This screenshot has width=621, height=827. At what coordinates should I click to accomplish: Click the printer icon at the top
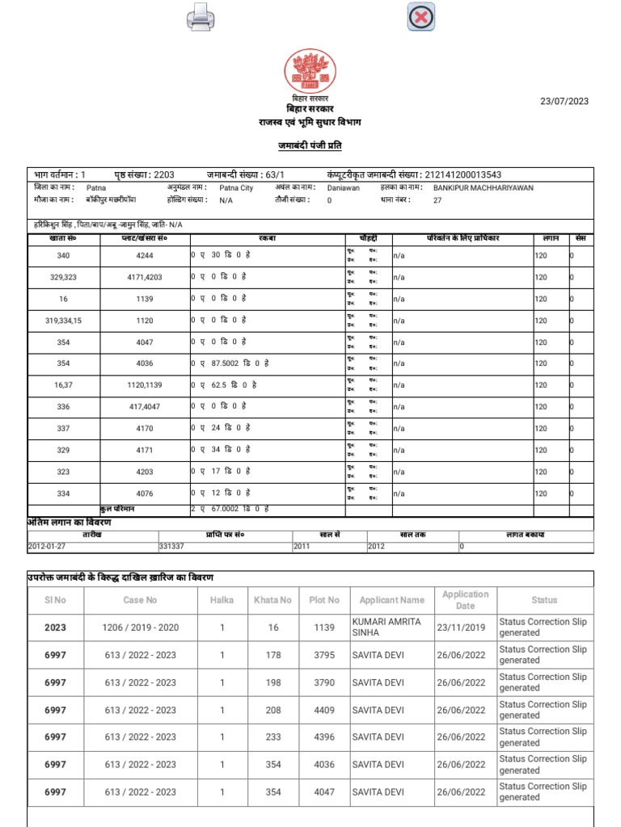click(200, 16)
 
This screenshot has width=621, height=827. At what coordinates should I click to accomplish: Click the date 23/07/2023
click(564, 101)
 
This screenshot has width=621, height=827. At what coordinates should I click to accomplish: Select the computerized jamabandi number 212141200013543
click(462, 174)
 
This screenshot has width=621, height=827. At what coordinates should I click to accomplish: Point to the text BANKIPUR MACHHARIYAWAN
click(484, 187)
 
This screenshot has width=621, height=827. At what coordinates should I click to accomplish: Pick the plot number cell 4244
click(145, 256)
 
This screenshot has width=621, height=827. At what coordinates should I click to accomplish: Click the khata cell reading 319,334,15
click(64, 321)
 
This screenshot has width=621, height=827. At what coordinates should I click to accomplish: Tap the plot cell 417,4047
click(145, 407)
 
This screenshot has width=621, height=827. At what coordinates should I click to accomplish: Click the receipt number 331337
click(171, 546)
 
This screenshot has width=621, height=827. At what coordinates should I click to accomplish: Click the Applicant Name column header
click(391, 600)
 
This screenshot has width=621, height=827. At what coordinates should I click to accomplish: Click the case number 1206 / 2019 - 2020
click(140, 628)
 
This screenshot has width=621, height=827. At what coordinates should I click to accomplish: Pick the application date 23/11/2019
click(461, 628)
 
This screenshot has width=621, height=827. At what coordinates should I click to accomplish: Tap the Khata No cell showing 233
click(273, 737)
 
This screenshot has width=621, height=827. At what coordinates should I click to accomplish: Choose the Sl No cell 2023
click(56, 628)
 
